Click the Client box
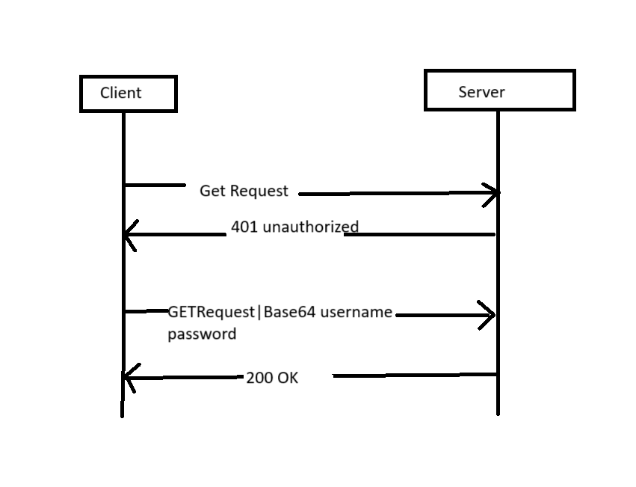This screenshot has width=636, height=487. (x=128, y=94)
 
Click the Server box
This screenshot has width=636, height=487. (x=499, y=91)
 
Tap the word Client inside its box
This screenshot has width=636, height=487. (x=120, y=93)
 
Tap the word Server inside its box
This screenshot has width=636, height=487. (x=481, y=92)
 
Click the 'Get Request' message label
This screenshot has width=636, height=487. (x=244, y=192)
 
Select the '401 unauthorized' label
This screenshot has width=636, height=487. (x=294, y=227)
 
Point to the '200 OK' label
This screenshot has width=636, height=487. (x=272, y=379)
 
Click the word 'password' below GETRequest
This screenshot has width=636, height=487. (x=202, y=334)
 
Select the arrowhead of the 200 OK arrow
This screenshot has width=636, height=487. (x=128, y=378)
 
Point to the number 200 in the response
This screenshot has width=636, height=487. (x=259, y=379)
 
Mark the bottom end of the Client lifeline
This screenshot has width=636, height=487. (x=122, y=414)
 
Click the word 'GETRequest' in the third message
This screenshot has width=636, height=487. (x=211, y=312)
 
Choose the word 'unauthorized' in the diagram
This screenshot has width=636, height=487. (x=310, y=227)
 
